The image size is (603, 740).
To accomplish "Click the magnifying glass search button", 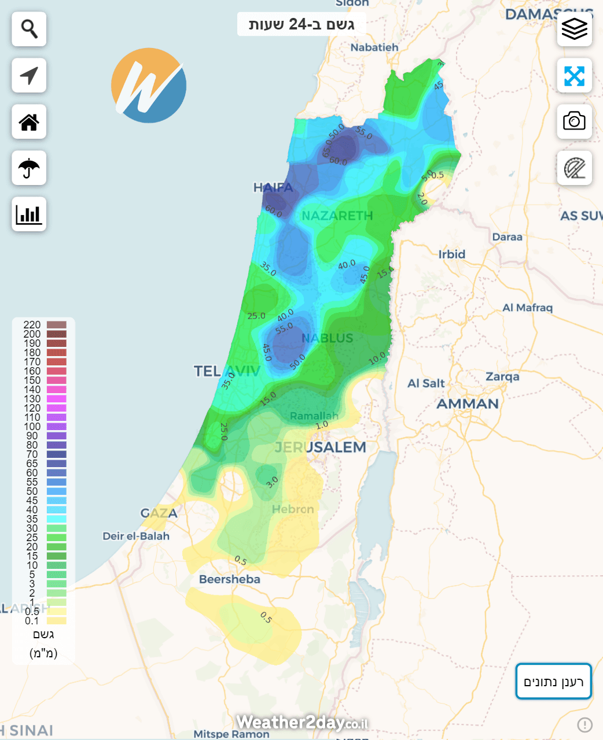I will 29,29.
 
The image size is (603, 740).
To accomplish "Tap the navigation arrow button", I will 29,75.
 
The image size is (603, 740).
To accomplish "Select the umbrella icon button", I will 29,168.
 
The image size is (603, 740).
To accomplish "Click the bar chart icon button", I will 29,214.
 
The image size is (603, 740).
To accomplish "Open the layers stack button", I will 574,29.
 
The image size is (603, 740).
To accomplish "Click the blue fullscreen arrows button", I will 574,76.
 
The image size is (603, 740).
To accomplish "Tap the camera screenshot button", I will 574,121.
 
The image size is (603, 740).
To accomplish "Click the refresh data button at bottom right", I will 553,682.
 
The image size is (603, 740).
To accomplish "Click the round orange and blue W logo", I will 149,86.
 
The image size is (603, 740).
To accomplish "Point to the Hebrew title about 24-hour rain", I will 301,24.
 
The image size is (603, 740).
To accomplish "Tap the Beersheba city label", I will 229,579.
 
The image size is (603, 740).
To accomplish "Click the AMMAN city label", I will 467,404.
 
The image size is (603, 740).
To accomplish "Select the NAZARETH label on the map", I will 337,216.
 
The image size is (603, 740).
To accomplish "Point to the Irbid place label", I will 451,254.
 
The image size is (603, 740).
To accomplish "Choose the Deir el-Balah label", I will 136,536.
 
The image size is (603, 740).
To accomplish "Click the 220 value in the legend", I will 32,325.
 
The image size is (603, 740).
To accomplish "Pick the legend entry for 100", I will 32,427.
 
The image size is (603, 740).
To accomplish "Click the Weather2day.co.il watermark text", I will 301,723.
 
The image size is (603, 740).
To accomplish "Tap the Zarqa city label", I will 502,377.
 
